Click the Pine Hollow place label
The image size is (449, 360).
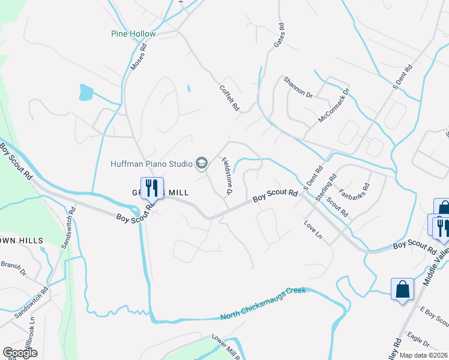133,34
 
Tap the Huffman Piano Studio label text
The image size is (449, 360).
151,163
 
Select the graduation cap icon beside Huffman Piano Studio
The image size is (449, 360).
202,163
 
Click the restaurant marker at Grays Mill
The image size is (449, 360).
152,188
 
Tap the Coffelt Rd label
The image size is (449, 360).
229,97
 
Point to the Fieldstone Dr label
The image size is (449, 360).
227,175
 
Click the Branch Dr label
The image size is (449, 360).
13,268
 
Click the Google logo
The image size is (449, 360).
20,353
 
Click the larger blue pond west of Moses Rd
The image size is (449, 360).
86,92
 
